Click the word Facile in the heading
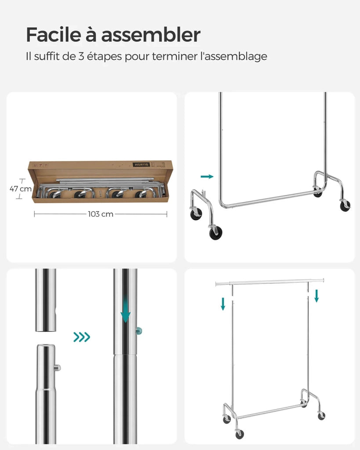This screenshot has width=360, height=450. pos(54,35)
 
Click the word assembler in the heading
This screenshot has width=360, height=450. pos(151,35)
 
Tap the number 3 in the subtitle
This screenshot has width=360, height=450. pos(81,56)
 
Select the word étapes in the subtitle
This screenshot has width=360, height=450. pos(105,57)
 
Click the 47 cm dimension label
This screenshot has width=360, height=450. pos(20,189)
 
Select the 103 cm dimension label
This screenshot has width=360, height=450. pos(101,214)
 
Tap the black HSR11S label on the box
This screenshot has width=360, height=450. pos(141,165)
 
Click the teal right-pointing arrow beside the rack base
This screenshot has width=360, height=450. pos(207,176)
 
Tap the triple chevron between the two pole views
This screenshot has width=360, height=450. pos(82,337)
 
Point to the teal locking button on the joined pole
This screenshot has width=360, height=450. pos(139,331)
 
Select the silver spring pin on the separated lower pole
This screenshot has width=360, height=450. pos(58,368)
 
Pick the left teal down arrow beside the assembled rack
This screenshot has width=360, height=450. pos(223,304)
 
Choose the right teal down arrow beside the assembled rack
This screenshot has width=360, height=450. pos(316,296)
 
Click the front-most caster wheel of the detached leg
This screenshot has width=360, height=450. pos(216,232)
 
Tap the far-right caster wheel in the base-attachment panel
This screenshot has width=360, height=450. pos(345,206)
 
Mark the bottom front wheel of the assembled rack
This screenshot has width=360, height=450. pos(240,434)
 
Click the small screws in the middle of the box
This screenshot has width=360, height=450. pos(101,193)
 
